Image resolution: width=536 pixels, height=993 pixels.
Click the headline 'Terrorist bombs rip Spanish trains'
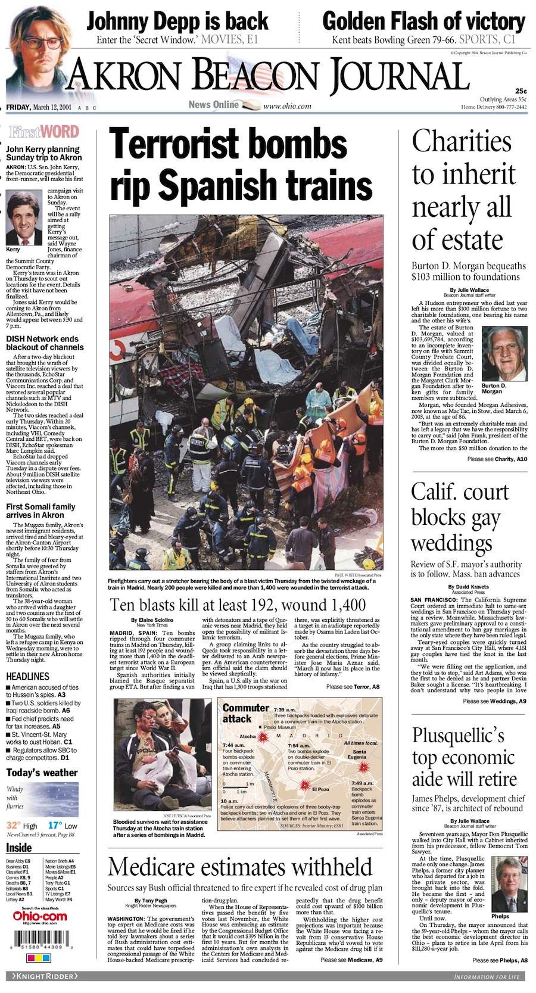241,164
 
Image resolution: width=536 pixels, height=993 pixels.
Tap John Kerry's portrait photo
23,217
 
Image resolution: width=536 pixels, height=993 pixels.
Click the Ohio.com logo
40,916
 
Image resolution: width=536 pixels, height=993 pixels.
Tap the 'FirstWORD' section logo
43,132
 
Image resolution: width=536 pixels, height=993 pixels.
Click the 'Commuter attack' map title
245,713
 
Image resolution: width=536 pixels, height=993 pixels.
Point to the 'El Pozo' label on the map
320,789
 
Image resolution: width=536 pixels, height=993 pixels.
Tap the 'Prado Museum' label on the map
279,727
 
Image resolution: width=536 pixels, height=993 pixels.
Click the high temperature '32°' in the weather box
14,825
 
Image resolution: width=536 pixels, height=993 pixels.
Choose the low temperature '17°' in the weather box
55,825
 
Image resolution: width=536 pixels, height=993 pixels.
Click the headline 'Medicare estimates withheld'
240,867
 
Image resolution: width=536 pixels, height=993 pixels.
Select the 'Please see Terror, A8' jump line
353,687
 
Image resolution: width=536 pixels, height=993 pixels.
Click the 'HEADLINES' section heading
27,676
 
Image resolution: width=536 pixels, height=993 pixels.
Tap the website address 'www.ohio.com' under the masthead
287,106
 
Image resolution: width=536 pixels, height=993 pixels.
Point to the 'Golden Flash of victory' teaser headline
423,21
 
